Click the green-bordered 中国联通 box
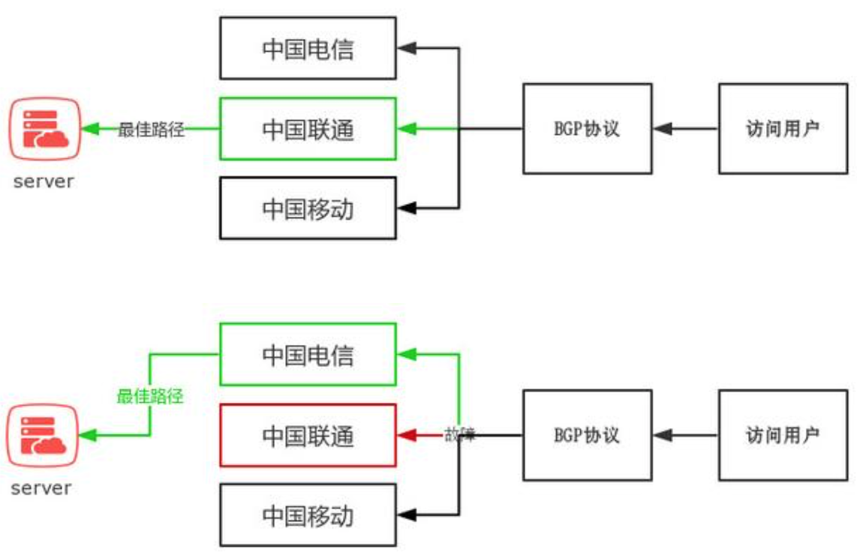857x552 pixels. (308, 128)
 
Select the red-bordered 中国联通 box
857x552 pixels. (308, 435)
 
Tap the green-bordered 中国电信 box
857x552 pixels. (308, 354)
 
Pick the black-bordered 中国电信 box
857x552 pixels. (308, 49)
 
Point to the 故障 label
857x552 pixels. (459, 435)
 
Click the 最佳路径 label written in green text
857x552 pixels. (150, 396)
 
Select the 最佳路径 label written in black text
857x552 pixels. (151, 129)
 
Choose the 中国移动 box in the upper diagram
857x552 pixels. (308, 208)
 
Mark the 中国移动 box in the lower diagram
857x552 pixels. (308, 515)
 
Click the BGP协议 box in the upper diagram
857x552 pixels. (587, 128)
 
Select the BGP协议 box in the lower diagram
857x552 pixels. (587, 435)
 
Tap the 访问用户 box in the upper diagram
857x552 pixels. (783, 128)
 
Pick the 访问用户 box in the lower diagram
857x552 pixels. (783, 435)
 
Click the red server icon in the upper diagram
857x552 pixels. (44, 129)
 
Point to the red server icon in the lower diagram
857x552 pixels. (44, 435)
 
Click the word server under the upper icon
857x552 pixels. (44, 181)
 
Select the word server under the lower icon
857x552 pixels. (42, 488)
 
